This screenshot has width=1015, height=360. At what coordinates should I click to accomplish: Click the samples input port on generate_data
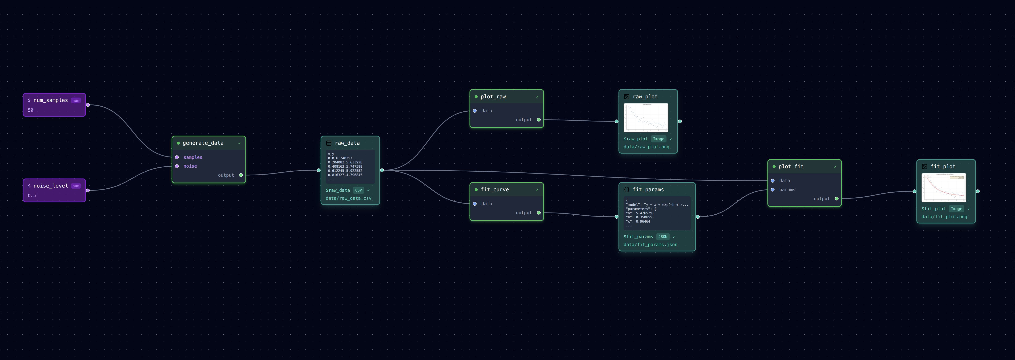pyautogui.click(x=177, y=157)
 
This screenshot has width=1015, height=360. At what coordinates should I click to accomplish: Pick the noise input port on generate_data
pyautogui.click(x=177, y=166)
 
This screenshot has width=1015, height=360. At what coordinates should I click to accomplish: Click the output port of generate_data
pyautogui.click(x=241, y=175)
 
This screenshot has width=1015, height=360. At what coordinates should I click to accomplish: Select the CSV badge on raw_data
pyautogui.click(x=358, y=190)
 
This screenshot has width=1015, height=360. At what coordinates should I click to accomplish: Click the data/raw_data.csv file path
pyautogui.click(x=348, y=198)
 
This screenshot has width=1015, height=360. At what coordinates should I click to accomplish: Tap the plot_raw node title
pyautogui.click(x=493, y=97)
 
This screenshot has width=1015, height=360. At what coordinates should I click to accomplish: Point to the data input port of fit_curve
pyautogui.click(x=475, y=204)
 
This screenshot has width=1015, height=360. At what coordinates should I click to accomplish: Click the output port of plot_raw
pyautogui.click(x=539, y=120)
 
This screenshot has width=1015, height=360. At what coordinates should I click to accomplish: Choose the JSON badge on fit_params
pyautogui.click(x=663, y=237)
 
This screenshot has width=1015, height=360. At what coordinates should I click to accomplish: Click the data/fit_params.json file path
pyautogui.click(x=650, y=245)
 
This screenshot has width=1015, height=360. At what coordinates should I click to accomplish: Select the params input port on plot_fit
pyautogui.click(x=773, y=190)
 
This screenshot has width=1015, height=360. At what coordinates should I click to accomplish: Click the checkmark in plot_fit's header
pyautogui.click(x=835, y=167)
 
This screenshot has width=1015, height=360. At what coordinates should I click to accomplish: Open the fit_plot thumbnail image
pyautogui.click(x=944, y=188)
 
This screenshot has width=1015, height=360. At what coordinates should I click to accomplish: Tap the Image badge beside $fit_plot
pyautogui.click(x=956, y=209)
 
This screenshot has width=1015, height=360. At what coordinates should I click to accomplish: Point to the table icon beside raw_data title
pyautogui.click(x=329, y=143)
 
